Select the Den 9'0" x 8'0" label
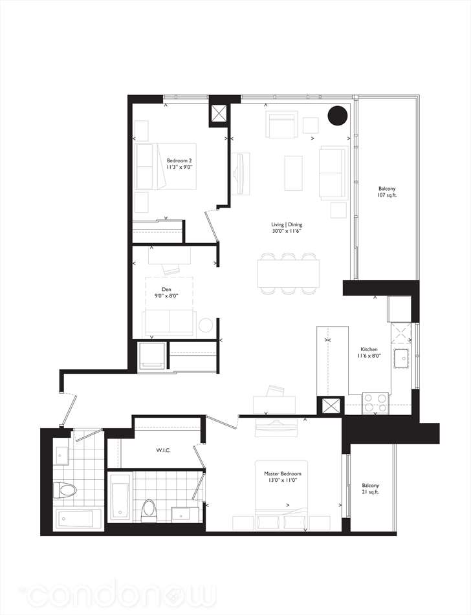tap(166, 292)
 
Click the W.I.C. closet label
tap(162, 450)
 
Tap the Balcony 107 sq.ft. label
tap(387, 191)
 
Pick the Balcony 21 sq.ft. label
tap(371, 488)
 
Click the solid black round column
tap(338, 116)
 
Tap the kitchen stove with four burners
tap(375, 403)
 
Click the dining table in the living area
tap(288, 274)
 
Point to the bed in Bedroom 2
tap(166, 166)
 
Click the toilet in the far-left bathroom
tap(64, 490)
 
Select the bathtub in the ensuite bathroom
tap(120, 497)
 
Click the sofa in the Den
tap(169, 323)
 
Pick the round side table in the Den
tap(205, 325)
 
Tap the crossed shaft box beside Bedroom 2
tap(219, 113)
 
